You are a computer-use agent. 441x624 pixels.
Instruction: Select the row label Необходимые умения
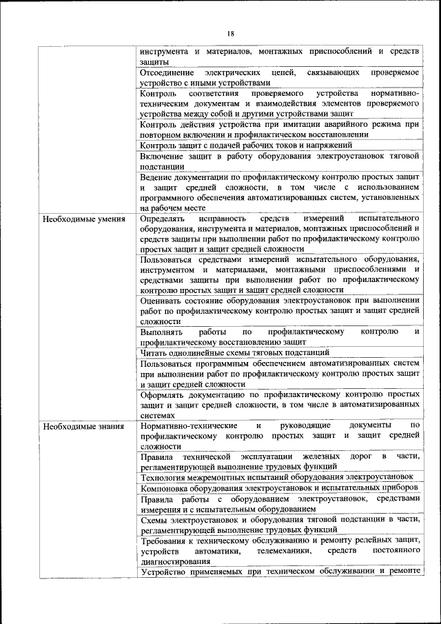point(83,219)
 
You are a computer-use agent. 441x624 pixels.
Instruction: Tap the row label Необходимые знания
point(83,426)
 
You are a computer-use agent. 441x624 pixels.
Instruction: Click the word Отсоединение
point(166,72)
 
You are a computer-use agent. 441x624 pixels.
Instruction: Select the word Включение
point(161,156)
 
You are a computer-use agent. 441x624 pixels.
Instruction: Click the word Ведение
point(156,177)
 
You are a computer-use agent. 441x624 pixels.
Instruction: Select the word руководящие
point(310,426)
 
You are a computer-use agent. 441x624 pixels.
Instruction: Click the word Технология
point(164,476)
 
